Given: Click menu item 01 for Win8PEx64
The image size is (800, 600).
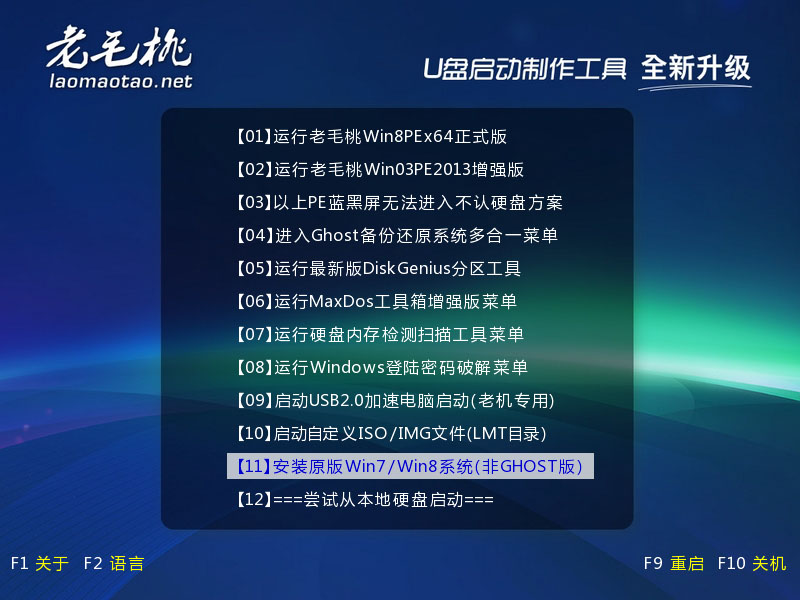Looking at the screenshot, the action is coord(371,137).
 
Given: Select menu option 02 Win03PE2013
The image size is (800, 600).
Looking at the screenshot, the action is coord(380,169).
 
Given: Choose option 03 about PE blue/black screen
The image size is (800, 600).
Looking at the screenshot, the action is coord(399,203).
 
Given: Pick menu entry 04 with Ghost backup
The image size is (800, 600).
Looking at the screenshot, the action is coord(397,235).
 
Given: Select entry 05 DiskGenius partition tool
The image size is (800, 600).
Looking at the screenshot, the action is coord(379,268).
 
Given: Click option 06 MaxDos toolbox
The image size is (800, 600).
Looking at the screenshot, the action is coord(377,301).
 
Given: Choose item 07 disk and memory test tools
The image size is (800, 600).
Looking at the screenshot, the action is coord(380,334).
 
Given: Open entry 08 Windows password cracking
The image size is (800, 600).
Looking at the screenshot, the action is coord(382,367).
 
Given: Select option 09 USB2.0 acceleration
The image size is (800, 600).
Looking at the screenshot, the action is coord(395,401).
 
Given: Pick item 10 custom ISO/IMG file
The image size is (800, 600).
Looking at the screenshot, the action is coord(391,434).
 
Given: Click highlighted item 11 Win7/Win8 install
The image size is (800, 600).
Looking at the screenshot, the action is coord(410,466).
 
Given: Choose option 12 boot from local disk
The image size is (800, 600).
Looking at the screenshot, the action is coord(365,499).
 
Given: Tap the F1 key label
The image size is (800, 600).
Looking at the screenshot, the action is coord(19,563).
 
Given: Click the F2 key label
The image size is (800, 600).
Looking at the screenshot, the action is coord(93,563).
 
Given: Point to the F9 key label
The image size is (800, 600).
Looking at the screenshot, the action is coord(653,563).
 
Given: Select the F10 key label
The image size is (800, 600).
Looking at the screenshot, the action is coord(732,563).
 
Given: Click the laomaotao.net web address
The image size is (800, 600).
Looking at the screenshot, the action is coord(121,81).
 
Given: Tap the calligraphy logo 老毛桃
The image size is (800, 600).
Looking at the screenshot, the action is coord(118,47).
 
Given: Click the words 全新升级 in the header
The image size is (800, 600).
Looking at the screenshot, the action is coord(695,68).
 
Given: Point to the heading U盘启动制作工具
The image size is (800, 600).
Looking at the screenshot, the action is coord(524,69).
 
